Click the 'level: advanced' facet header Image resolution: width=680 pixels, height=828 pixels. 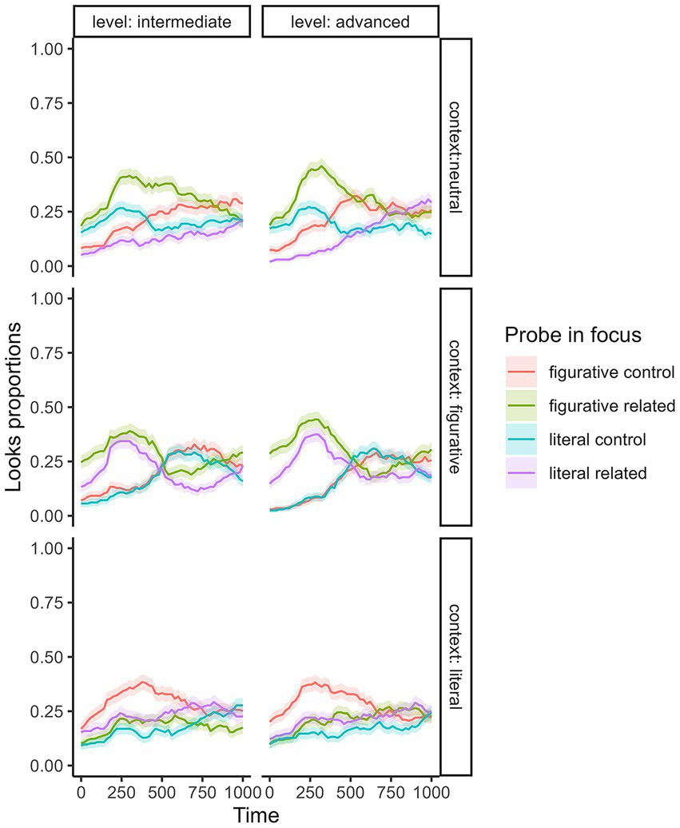pos(350,22)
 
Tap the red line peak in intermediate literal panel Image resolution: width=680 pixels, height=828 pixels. pos(144,681)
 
